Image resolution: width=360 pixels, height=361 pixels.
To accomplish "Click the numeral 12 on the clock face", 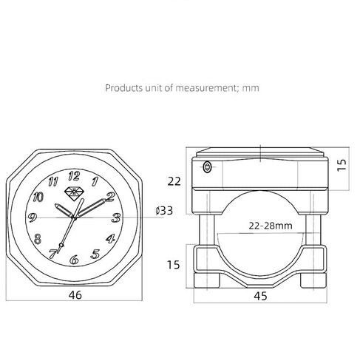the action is pyautogui.click(x=74, y=176).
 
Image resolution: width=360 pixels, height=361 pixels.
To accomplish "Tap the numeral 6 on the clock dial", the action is pyautogui.click(x=74, y=260).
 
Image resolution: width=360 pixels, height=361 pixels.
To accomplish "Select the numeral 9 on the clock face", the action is pyautogui.click(x=33, y=217).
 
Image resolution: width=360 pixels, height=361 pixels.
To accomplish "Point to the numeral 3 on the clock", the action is pyautogui.click(x=116, y=217).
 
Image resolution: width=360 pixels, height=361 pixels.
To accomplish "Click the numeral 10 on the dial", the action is pyautogui.click(x=38, y=197).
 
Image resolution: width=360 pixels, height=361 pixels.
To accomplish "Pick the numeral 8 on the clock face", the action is pyautogui.click(x=38, y=239).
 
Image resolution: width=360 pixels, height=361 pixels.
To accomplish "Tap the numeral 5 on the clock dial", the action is pyautogui.click(x=95, y=254).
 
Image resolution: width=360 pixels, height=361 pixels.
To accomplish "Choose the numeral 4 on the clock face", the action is pyautogui.click(x=110, y=238).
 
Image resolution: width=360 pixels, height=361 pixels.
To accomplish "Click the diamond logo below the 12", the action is pyautogui.click(x=74, y=194).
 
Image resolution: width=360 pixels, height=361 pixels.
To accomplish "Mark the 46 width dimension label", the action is pyautogui.click(x=75, y=295).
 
